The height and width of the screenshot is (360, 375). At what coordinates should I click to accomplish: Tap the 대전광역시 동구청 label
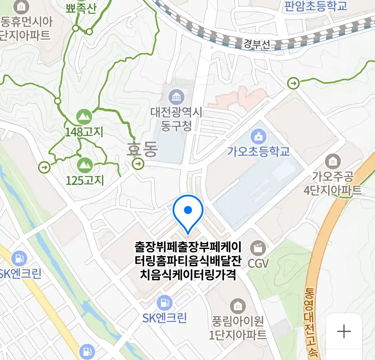pos(176,119)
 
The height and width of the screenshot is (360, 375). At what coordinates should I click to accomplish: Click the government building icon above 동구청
pos(176,97)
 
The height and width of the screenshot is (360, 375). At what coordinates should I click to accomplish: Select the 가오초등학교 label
pos(259,151)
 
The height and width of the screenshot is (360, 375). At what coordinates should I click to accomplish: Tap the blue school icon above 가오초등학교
pos(258,136)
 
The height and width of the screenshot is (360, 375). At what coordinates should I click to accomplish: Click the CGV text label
pos(258,263)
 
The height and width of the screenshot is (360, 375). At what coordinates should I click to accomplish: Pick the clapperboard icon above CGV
pos(258,248)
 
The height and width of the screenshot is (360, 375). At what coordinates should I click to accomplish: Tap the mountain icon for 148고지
pos(84,117)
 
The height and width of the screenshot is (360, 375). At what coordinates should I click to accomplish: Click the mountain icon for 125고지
pos(84,165)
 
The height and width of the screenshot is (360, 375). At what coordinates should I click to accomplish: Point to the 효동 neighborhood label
pos(142,149)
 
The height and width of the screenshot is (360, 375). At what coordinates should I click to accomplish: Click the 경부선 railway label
pos(257,44)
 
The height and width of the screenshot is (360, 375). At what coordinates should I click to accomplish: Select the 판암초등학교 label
pos(315,6)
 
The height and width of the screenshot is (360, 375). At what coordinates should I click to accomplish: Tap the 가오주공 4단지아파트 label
pos(333,183)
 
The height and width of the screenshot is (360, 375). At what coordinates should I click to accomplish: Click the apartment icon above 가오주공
pos(333,162)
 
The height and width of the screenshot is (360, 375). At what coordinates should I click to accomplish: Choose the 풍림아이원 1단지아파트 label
pos(238,328)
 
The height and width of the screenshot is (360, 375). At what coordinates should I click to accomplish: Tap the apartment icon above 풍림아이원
pos(238,306)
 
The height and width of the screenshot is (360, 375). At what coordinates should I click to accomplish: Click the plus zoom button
pos(344,331)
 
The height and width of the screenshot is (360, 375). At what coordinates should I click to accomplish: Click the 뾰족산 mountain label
pos(81,8)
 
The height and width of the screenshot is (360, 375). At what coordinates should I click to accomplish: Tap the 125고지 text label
pos(85,180)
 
